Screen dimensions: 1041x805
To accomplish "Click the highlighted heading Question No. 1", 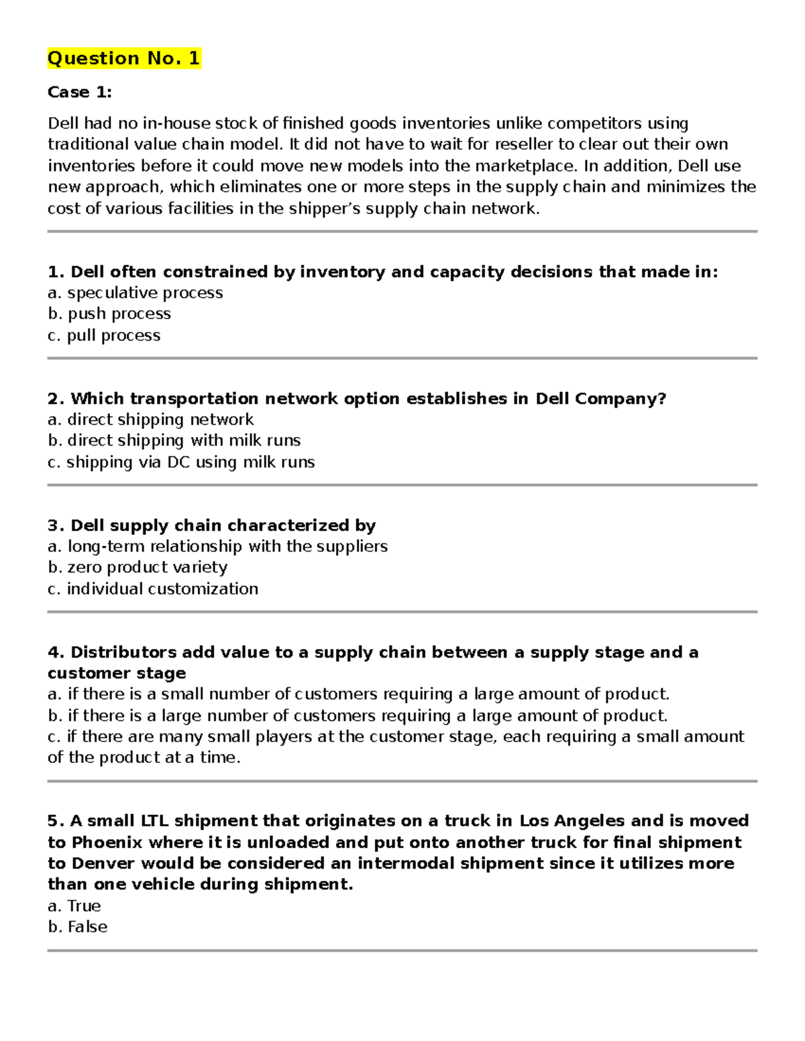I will (123, 58).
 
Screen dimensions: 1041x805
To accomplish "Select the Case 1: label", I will (79, 92).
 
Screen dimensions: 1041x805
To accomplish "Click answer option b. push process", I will (109, 314).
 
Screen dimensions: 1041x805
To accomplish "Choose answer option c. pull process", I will (104, 335).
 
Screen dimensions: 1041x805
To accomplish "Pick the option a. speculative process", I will (135, 293).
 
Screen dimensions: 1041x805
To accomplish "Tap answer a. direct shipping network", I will (150, 420).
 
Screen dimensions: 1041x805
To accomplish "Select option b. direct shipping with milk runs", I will (174, 440).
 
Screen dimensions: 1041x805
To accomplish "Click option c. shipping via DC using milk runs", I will (180, 462).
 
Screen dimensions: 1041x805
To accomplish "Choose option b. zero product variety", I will (138, 567).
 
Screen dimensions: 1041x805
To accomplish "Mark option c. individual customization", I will (152, 589).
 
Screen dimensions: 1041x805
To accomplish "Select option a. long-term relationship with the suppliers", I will (217, 546).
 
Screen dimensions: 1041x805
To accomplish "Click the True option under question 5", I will (74, 906).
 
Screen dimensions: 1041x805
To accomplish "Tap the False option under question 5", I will (77, 927).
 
